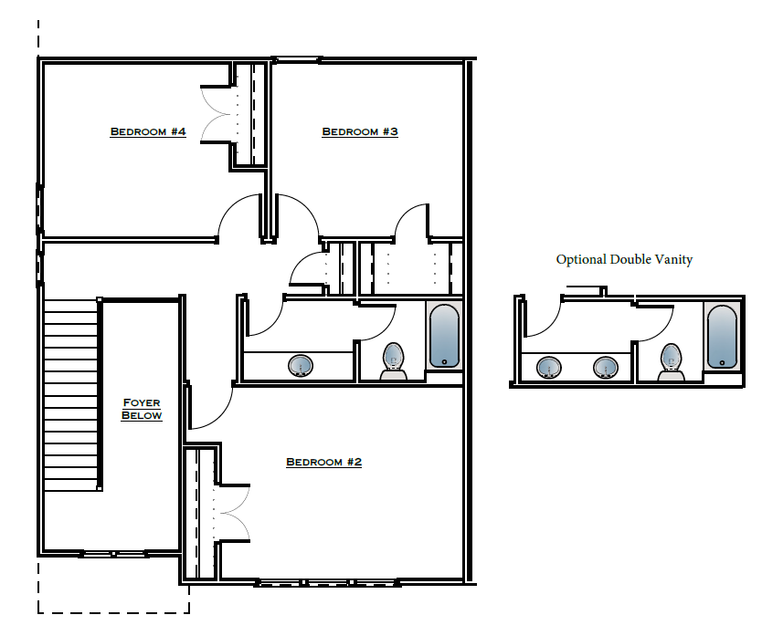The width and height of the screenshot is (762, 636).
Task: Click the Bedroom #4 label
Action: pos(148,132)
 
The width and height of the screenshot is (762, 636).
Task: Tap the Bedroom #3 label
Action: pos(360,132)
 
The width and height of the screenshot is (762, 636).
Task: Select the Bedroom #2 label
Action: pos(324,463)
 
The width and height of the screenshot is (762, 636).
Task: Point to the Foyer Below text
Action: pos(143,409)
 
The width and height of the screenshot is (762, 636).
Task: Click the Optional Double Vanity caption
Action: pos(624,260)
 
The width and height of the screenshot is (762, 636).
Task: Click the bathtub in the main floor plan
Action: pos(444,336)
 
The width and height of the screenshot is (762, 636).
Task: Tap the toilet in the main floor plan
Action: pos(394,360)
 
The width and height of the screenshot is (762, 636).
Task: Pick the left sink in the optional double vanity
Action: pos(549,368)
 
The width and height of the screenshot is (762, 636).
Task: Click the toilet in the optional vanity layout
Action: pos(672,361)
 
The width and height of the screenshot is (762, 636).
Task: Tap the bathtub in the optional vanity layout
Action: pos(721,337)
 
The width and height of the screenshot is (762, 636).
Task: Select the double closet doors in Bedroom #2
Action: pos(232,513)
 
